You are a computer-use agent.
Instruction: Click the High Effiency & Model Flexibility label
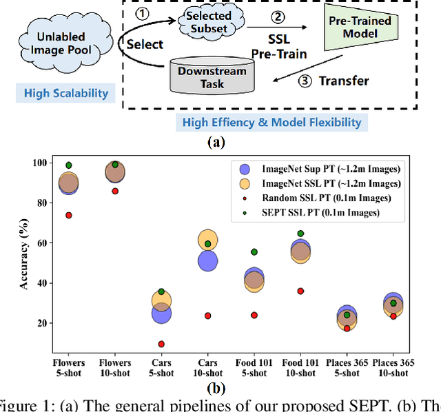pos(271,123)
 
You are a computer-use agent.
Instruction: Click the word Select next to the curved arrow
pos(145,45)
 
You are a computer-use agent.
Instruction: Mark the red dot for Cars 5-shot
pos(161,344)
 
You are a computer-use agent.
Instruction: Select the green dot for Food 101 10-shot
pos(300,234)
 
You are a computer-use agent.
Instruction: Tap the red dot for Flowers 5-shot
pos(68,215)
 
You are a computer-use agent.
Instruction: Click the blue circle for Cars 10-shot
pos(207,260)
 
